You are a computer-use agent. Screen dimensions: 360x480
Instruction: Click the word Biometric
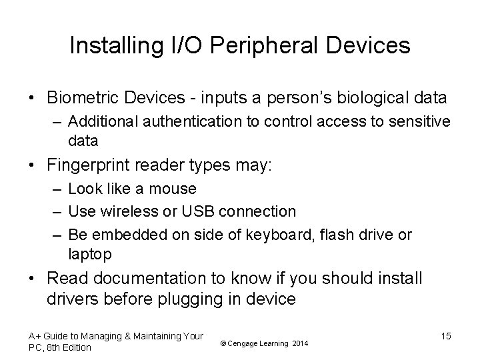(82, 98)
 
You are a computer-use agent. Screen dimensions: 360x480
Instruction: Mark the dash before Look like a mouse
(55, 189)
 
